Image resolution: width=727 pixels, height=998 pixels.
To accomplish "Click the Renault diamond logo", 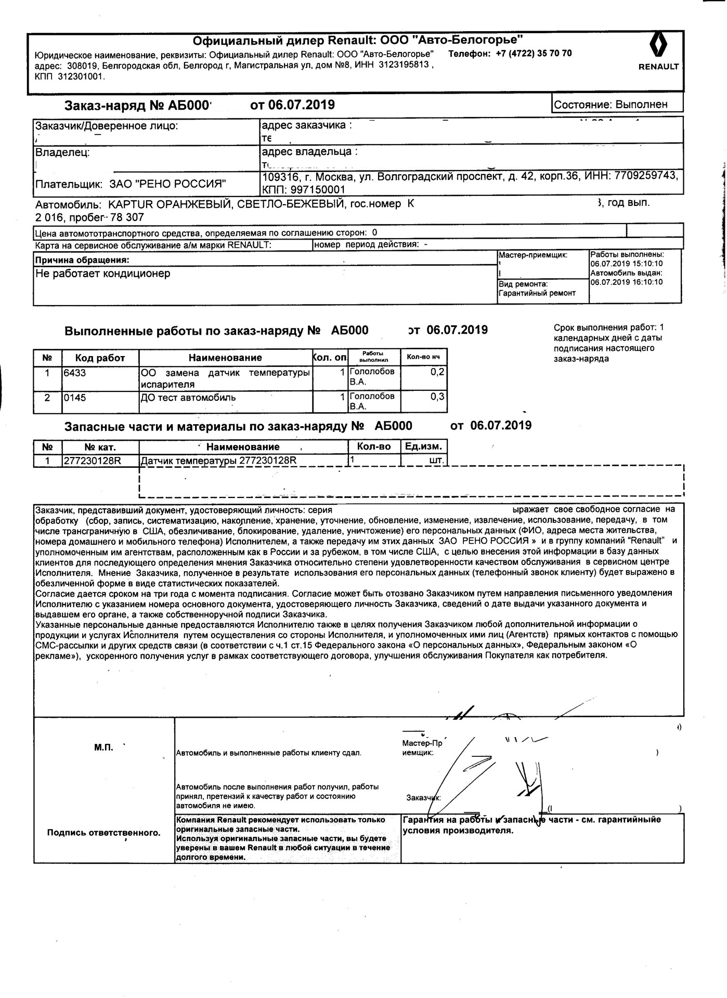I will click(x=658, y=46).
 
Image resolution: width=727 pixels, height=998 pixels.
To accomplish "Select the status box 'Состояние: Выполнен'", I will click(x=618, y=104).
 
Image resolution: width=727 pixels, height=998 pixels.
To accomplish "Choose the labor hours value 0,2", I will click(x=438, y=372).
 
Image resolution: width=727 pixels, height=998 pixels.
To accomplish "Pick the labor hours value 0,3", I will click(x=438, y=397).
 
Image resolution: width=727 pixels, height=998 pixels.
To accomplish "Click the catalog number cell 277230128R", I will click(x=93, y=461).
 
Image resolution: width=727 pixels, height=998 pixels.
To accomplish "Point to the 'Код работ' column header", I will click(x=100, y=358).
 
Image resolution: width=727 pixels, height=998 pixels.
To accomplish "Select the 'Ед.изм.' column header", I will click(x=424, y=447).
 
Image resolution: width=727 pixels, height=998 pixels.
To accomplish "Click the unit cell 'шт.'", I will click(x=437, y=461).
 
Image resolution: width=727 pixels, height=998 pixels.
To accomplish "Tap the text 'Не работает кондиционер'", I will click(x=102, y=273).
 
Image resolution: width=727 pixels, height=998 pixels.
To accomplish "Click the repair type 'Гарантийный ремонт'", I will click(x=537, y=293).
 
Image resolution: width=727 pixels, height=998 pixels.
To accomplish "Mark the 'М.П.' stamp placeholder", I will click(x=103, y=747).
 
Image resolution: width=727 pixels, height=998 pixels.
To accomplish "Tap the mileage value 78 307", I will click(x=126, y=217).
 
